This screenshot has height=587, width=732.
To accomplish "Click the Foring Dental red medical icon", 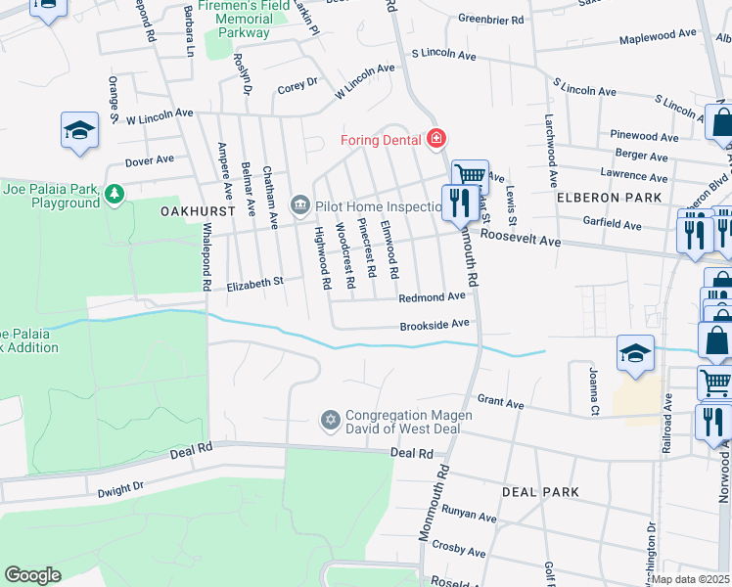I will coord(435,139).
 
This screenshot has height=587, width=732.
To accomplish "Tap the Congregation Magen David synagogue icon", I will coord(330,421).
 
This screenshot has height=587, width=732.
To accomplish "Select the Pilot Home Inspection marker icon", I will coord(299,204).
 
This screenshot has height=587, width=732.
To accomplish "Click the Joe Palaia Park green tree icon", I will coord(115,194).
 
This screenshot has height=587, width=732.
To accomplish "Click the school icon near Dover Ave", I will coord(79,130).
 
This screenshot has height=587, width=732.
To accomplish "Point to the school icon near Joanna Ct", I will coord(635,352).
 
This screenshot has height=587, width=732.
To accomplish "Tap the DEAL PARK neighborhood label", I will coord(540,492).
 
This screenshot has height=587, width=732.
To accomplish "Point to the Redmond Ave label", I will coord(432,296).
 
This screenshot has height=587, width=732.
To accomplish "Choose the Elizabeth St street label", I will coord(254,284).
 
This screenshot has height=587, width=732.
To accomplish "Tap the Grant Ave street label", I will coord(500,402).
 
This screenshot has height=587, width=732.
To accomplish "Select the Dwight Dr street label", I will coord(120,486).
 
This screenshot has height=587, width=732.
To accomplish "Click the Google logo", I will coord(32,575).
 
